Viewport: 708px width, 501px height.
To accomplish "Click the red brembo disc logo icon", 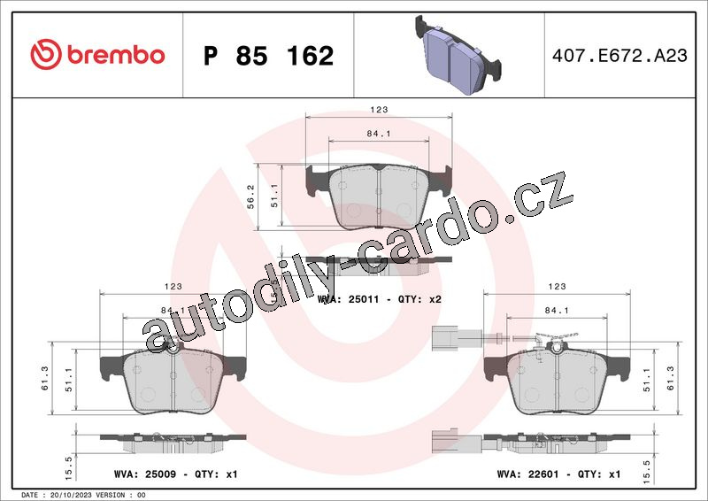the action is tap(46, 54).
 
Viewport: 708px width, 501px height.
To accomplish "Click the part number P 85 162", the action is tap(269, 56).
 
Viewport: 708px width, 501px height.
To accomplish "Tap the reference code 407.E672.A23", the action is tap(619, 56).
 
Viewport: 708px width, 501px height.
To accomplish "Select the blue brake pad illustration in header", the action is tap(458, 55).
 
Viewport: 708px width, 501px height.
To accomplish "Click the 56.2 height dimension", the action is tap(251, 197).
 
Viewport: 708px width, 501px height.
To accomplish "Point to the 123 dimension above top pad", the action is tap(379, 110).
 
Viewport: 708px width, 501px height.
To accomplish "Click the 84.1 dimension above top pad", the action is tap(379, 134).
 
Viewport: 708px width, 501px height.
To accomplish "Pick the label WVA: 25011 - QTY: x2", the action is tap(380, 299).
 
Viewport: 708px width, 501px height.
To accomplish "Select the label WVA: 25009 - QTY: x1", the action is tap(175, 474).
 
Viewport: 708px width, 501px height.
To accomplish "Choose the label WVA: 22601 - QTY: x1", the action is tap(558, 474).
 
